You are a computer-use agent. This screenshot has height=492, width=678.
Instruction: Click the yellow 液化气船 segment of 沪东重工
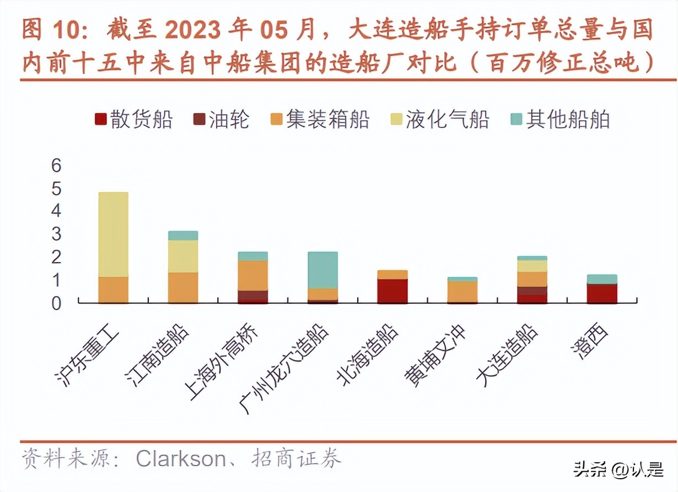(x=113, y=234)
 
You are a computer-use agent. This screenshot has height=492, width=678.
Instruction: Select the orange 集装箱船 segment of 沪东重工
(x=113, y=290)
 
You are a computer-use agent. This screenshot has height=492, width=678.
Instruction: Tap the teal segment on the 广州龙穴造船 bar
(x=322, y=270)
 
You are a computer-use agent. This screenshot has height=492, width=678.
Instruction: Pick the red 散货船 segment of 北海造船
(x=392, y=291)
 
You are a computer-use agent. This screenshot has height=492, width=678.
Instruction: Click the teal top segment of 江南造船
(x=183, y=236)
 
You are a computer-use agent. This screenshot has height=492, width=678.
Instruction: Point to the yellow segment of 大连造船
(x=532, y=266)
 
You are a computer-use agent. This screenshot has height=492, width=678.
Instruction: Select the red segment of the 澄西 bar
(x=602, y=293)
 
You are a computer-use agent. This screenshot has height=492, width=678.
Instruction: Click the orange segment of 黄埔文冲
(x=462, y=291)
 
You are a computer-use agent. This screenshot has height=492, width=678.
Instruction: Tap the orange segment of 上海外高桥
(x=253, y=275)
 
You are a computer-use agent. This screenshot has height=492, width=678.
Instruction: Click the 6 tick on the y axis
(x=57, y=165)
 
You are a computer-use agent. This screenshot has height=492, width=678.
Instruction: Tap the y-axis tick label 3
(x=57, y=234)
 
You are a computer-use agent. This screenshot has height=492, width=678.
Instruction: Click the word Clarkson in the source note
(x=181, y=459)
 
